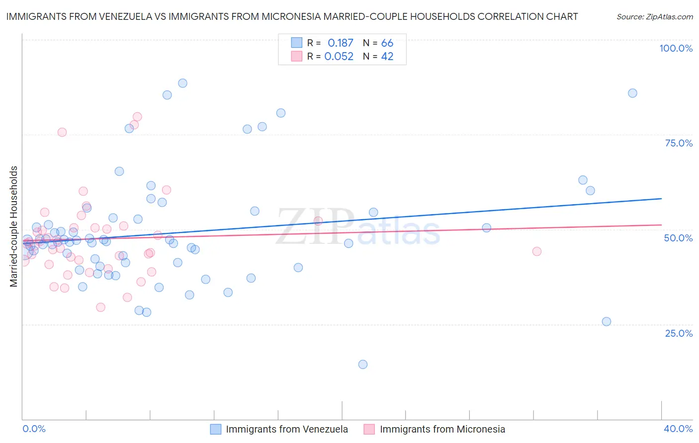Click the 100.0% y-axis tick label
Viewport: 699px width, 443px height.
676,48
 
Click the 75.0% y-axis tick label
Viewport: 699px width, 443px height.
679,143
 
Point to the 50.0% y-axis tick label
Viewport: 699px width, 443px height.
678,238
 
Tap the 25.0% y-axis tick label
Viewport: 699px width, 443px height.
679,333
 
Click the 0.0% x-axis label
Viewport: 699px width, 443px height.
34,429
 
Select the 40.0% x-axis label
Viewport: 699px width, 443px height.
678,429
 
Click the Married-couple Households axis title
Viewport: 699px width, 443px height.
14,226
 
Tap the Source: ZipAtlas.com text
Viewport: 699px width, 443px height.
654,16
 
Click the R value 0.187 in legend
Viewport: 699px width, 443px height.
340,43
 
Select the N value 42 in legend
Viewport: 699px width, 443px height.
387,57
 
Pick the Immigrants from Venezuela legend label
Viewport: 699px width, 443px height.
287,429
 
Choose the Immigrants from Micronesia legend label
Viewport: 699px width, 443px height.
442,429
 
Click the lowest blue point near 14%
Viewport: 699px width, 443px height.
363,365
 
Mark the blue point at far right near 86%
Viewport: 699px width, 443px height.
632,93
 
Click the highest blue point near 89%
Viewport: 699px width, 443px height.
182,83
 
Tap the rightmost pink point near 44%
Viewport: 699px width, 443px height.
536,251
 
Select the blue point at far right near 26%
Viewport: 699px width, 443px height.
607,321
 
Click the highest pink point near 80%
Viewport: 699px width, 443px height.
137,117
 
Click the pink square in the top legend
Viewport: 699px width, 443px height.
297,56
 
